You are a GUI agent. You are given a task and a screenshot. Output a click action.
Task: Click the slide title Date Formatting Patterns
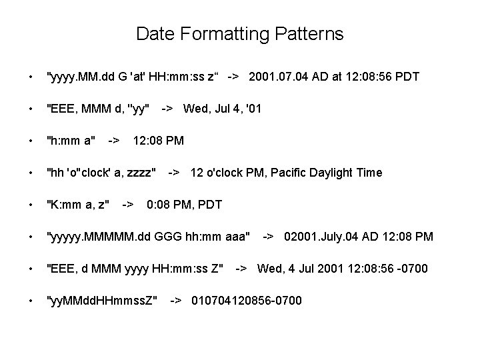239,34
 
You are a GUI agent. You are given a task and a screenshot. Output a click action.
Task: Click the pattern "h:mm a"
71,141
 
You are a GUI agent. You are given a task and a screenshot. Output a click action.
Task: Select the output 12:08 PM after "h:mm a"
159,141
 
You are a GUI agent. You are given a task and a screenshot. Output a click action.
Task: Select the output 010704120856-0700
247,301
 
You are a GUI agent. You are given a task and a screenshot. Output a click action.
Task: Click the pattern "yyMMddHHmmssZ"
101,301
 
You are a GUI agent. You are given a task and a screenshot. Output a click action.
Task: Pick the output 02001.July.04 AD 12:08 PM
359,237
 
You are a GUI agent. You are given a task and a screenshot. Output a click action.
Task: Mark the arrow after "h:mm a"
114,141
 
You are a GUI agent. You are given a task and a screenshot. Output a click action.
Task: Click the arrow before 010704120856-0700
176,301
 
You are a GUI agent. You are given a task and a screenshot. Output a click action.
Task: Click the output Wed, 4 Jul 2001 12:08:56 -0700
342,269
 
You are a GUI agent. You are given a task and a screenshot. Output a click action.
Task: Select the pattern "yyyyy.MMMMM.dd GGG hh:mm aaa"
147,237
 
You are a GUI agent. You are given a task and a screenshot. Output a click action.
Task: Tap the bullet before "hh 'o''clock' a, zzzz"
23,173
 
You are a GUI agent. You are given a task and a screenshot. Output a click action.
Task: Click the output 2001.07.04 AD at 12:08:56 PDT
333,77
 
